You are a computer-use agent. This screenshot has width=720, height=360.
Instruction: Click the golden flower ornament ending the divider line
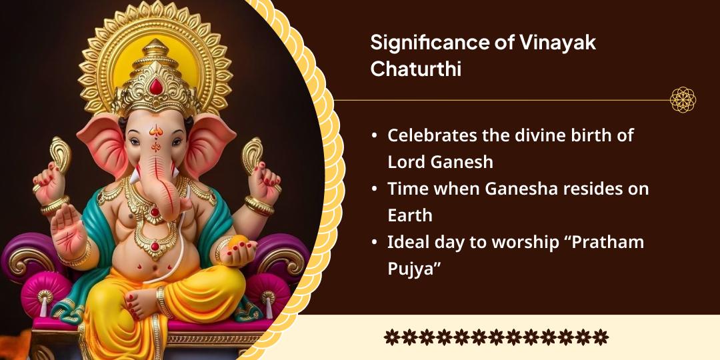[x=683, y=99]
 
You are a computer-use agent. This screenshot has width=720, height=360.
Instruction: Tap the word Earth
[x=410, y=215]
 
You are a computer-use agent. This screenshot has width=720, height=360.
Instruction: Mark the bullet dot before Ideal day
[x=375, y=243]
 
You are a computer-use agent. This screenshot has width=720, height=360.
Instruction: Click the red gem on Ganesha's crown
[x=156, y=86]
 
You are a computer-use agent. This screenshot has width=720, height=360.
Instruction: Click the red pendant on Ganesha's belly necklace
[x=155, y=246]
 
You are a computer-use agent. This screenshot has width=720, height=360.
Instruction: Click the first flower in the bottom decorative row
[x=391, y=337]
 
